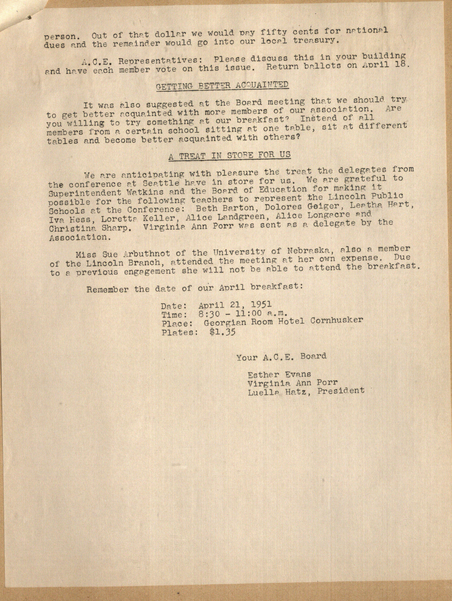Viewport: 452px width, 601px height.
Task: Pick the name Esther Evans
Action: [x=279, y=375]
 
